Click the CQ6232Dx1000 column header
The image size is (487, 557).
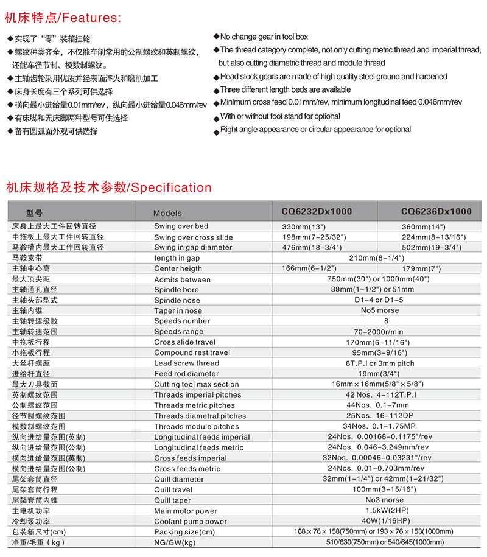(x=317, y=212)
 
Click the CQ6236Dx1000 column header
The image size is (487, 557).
(x=436, y=212)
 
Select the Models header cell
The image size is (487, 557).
(x=167, y=213)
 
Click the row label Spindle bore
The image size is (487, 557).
(x=176, y=290)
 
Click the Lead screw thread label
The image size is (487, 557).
(x=186, y=363)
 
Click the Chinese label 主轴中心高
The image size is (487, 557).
(x=31, y=268)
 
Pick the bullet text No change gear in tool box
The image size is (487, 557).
(x=264, y=37)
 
